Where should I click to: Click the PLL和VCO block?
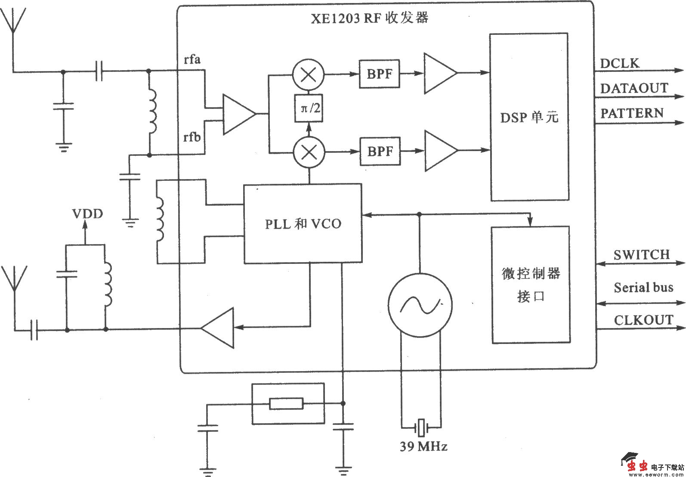(303, 223)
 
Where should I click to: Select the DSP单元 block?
(529, 117)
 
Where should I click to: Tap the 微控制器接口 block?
(531, 285)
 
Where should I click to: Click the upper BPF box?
(379, 74)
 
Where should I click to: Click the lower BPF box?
(379, 152)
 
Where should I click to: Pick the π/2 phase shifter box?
(308, 108)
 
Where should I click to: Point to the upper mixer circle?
(309, 74)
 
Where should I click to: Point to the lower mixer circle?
(309, 152)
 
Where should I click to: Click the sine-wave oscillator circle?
(420, 305)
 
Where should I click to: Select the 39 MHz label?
(423, 446)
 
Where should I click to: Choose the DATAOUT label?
(634, 89)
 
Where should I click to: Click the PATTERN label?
(632, 114)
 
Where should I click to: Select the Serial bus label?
(643, 288)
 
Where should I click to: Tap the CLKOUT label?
(643, 320)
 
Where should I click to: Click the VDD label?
(87, 214)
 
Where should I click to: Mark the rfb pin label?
(192, 137)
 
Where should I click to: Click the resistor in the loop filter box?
(286, 403)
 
